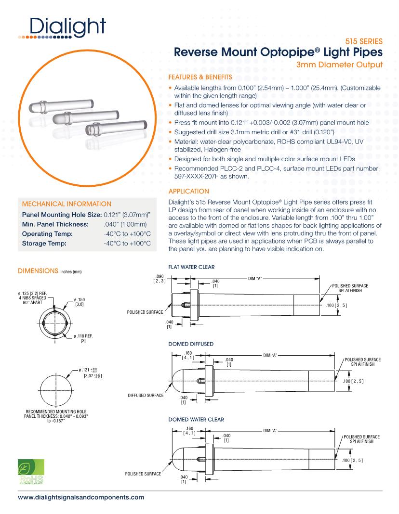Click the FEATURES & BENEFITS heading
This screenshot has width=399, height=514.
point(199,77)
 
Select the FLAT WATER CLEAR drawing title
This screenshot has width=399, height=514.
point(191,266)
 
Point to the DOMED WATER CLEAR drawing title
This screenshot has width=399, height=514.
point(196,419)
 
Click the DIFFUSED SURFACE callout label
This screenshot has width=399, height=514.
point(144,395)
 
